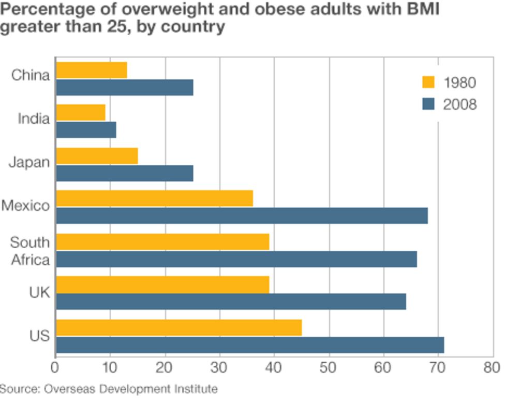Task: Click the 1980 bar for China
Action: coord(91,70)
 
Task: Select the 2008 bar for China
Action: coord(124,88)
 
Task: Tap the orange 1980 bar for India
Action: coord(80,113)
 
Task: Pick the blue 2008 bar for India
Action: coord(86,130)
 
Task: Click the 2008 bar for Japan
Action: coord(124,173)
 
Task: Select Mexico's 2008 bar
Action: coord(242,216)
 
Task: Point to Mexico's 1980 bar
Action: coord(154,198)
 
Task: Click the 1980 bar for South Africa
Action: coord(162,241)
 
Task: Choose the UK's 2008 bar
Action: coord(231,301)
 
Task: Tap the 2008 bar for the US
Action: coord(250,345)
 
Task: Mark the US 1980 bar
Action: coord(179,327)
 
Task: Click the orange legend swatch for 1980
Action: coord(428,82)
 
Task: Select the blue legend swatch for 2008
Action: coord(428,104)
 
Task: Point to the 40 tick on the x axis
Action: coord(274,367)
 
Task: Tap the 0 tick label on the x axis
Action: coord(55,367)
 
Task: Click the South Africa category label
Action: coord(30,251)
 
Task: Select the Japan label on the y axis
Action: coord(29,163)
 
